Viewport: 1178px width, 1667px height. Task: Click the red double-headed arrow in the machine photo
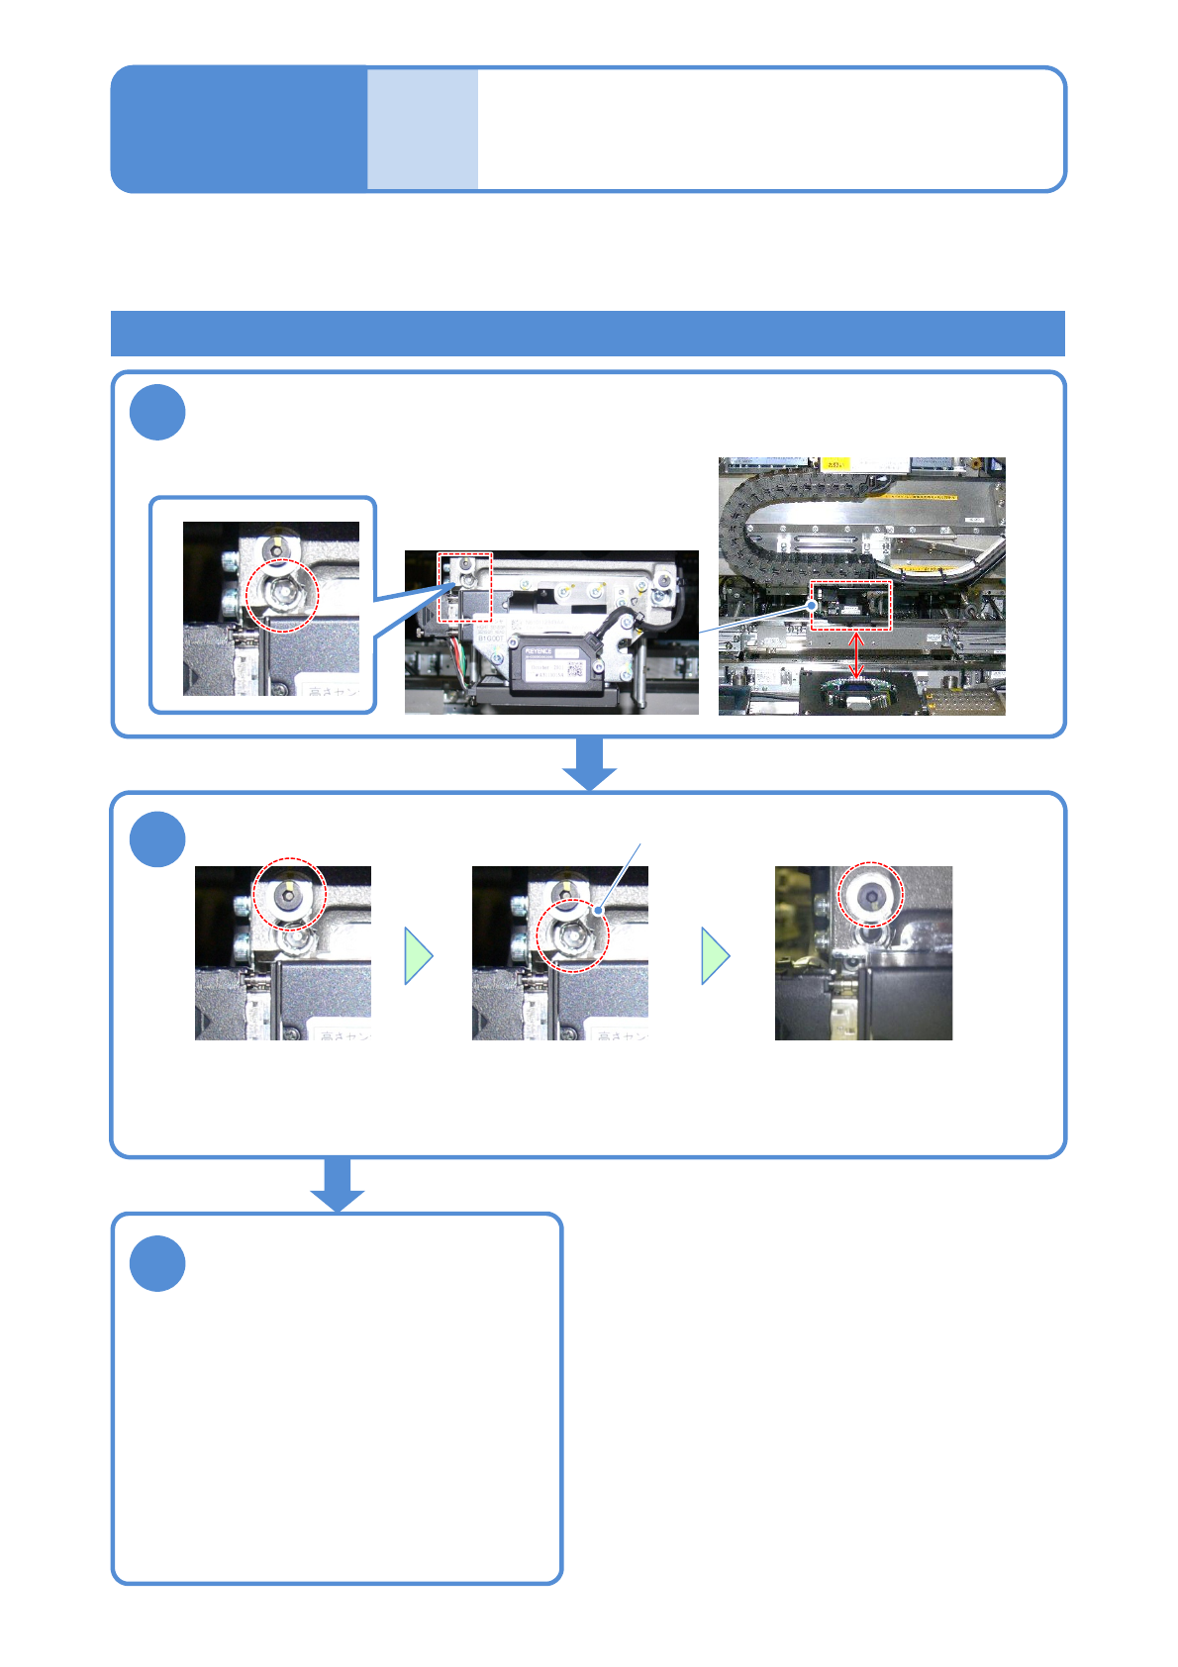857,655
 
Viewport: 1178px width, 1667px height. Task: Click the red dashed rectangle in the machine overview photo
851,605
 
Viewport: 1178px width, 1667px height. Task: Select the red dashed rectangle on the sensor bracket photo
465,587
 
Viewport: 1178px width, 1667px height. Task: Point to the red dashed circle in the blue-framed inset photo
282,595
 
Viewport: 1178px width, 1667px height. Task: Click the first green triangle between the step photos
418,955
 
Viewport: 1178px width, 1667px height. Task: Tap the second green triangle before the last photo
715,955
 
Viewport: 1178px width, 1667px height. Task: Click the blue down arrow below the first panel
590,762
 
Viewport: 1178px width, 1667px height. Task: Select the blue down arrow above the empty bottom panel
338,1184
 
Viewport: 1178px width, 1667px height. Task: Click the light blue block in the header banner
423,129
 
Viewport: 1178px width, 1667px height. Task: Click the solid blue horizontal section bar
588,333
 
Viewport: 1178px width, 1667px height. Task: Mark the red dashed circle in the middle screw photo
572,935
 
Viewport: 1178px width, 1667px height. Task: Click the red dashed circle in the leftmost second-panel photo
289,893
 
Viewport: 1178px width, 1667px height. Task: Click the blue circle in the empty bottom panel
157,1263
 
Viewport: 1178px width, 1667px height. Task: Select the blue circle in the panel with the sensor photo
157,412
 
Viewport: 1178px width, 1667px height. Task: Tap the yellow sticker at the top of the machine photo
835,463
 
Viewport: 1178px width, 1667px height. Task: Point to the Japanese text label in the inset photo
335,691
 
